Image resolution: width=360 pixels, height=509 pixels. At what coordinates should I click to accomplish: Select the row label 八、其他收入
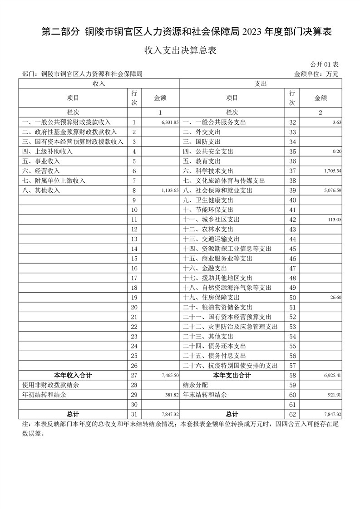[x=41, y=191]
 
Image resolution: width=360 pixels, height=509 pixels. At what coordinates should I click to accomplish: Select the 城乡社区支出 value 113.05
[x=333, y=220]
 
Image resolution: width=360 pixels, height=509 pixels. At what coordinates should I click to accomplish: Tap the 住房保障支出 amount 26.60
[x=335, y=298]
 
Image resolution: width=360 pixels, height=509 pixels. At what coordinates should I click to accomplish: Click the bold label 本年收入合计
[x=73, y=376]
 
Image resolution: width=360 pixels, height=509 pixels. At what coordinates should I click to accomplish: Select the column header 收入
[x=99, y=84]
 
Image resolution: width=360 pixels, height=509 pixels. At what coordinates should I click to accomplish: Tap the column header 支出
[x=261, y=84]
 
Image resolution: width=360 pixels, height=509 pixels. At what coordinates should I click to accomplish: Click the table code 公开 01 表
[x=325, y=64]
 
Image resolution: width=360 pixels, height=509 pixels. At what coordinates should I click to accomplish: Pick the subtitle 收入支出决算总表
[x=180, y=50]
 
